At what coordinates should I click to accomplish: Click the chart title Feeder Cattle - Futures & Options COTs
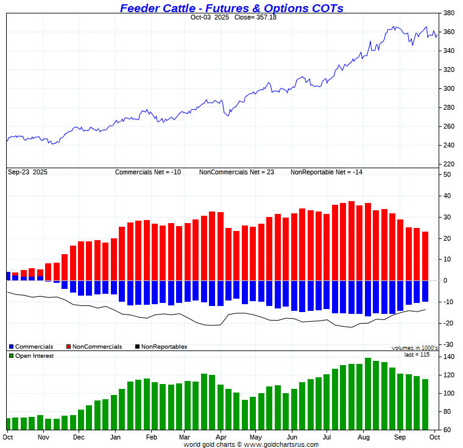pos(231,8)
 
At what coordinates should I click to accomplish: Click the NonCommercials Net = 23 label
pos(236,172)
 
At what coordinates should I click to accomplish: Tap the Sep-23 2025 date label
pos(27,172)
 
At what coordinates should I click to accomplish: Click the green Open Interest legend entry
pos(31,356)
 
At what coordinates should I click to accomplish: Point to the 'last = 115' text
pos(417,355)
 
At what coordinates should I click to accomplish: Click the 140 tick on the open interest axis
pos(447,357)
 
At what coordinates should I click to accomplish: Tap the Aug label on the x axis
pos(364,437)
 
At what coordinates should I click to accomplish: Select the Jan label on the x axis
pos(115,437)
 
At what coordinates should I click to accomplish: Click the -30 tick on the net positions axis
pos(447,344)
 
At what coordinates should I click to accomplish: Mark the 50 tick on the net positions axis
pos(447,175)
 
